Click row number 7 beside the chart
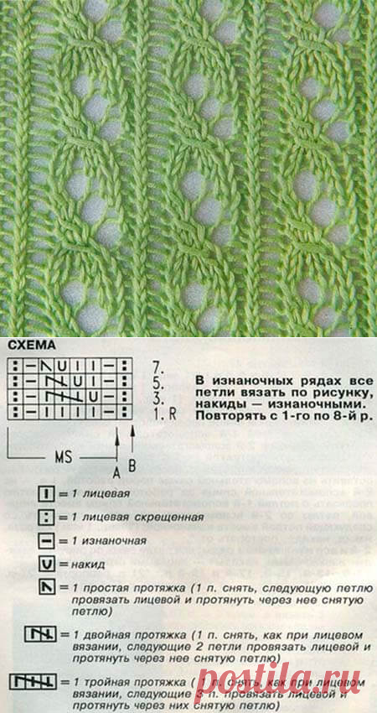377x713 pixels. point(159,367)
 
